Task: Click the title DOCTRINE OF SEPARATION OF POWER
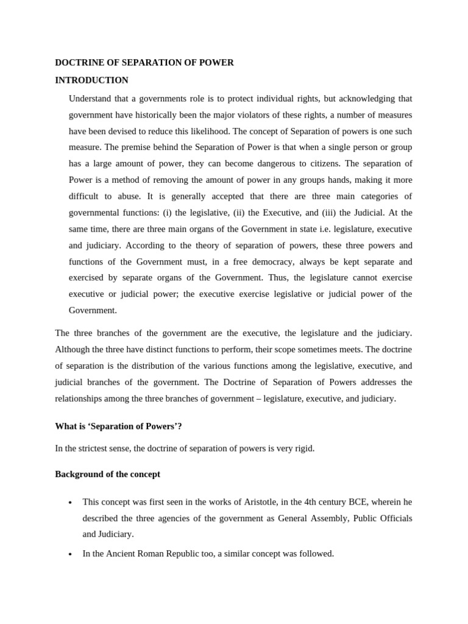tap(144, 63)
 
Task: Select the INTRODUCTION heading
tap(91, 80)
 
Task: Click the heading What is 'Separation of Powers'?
tap(118, 427)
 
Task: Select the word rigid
tap(303, 448)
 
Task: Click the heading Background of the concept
tap(107, 474)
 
